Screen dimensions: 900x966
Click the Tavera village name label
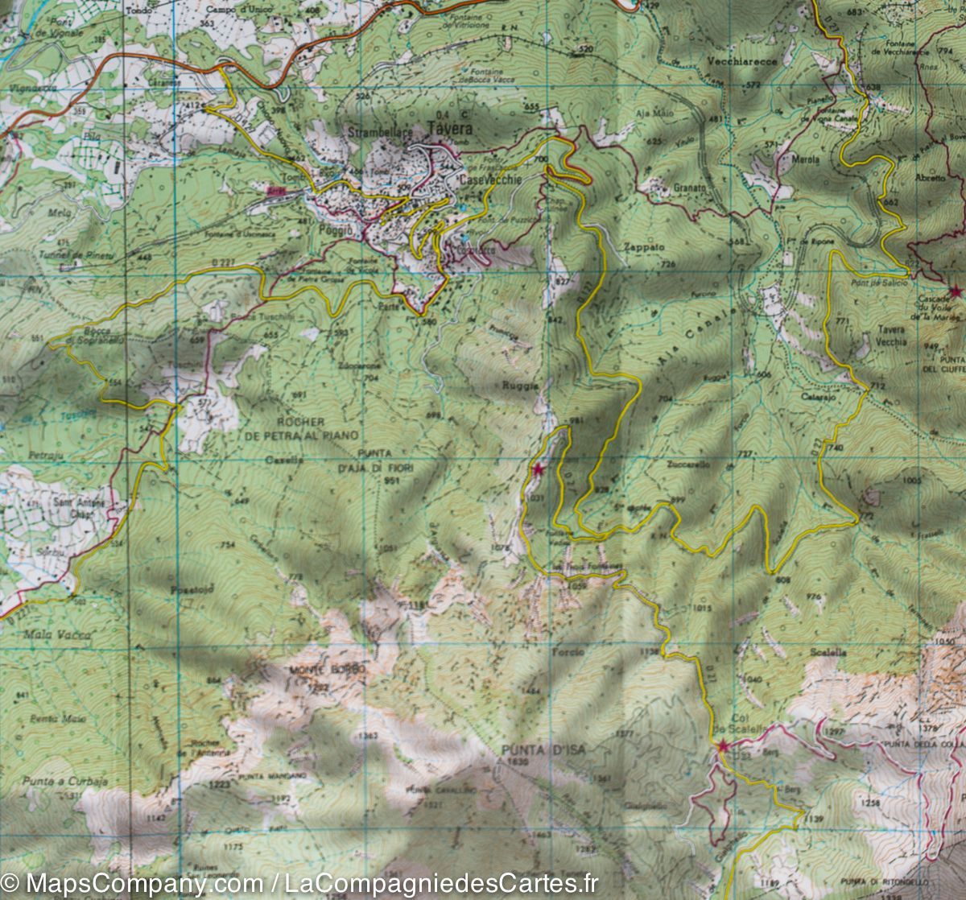[449, 130]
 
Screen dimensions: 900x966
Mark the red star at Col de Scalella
[723, 747]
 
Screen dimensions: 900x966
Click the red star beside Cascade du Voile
[955, 291]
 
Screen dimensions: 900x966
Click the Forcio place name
[568, 651]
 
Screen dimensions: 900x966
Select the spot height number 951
[392, 480]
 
